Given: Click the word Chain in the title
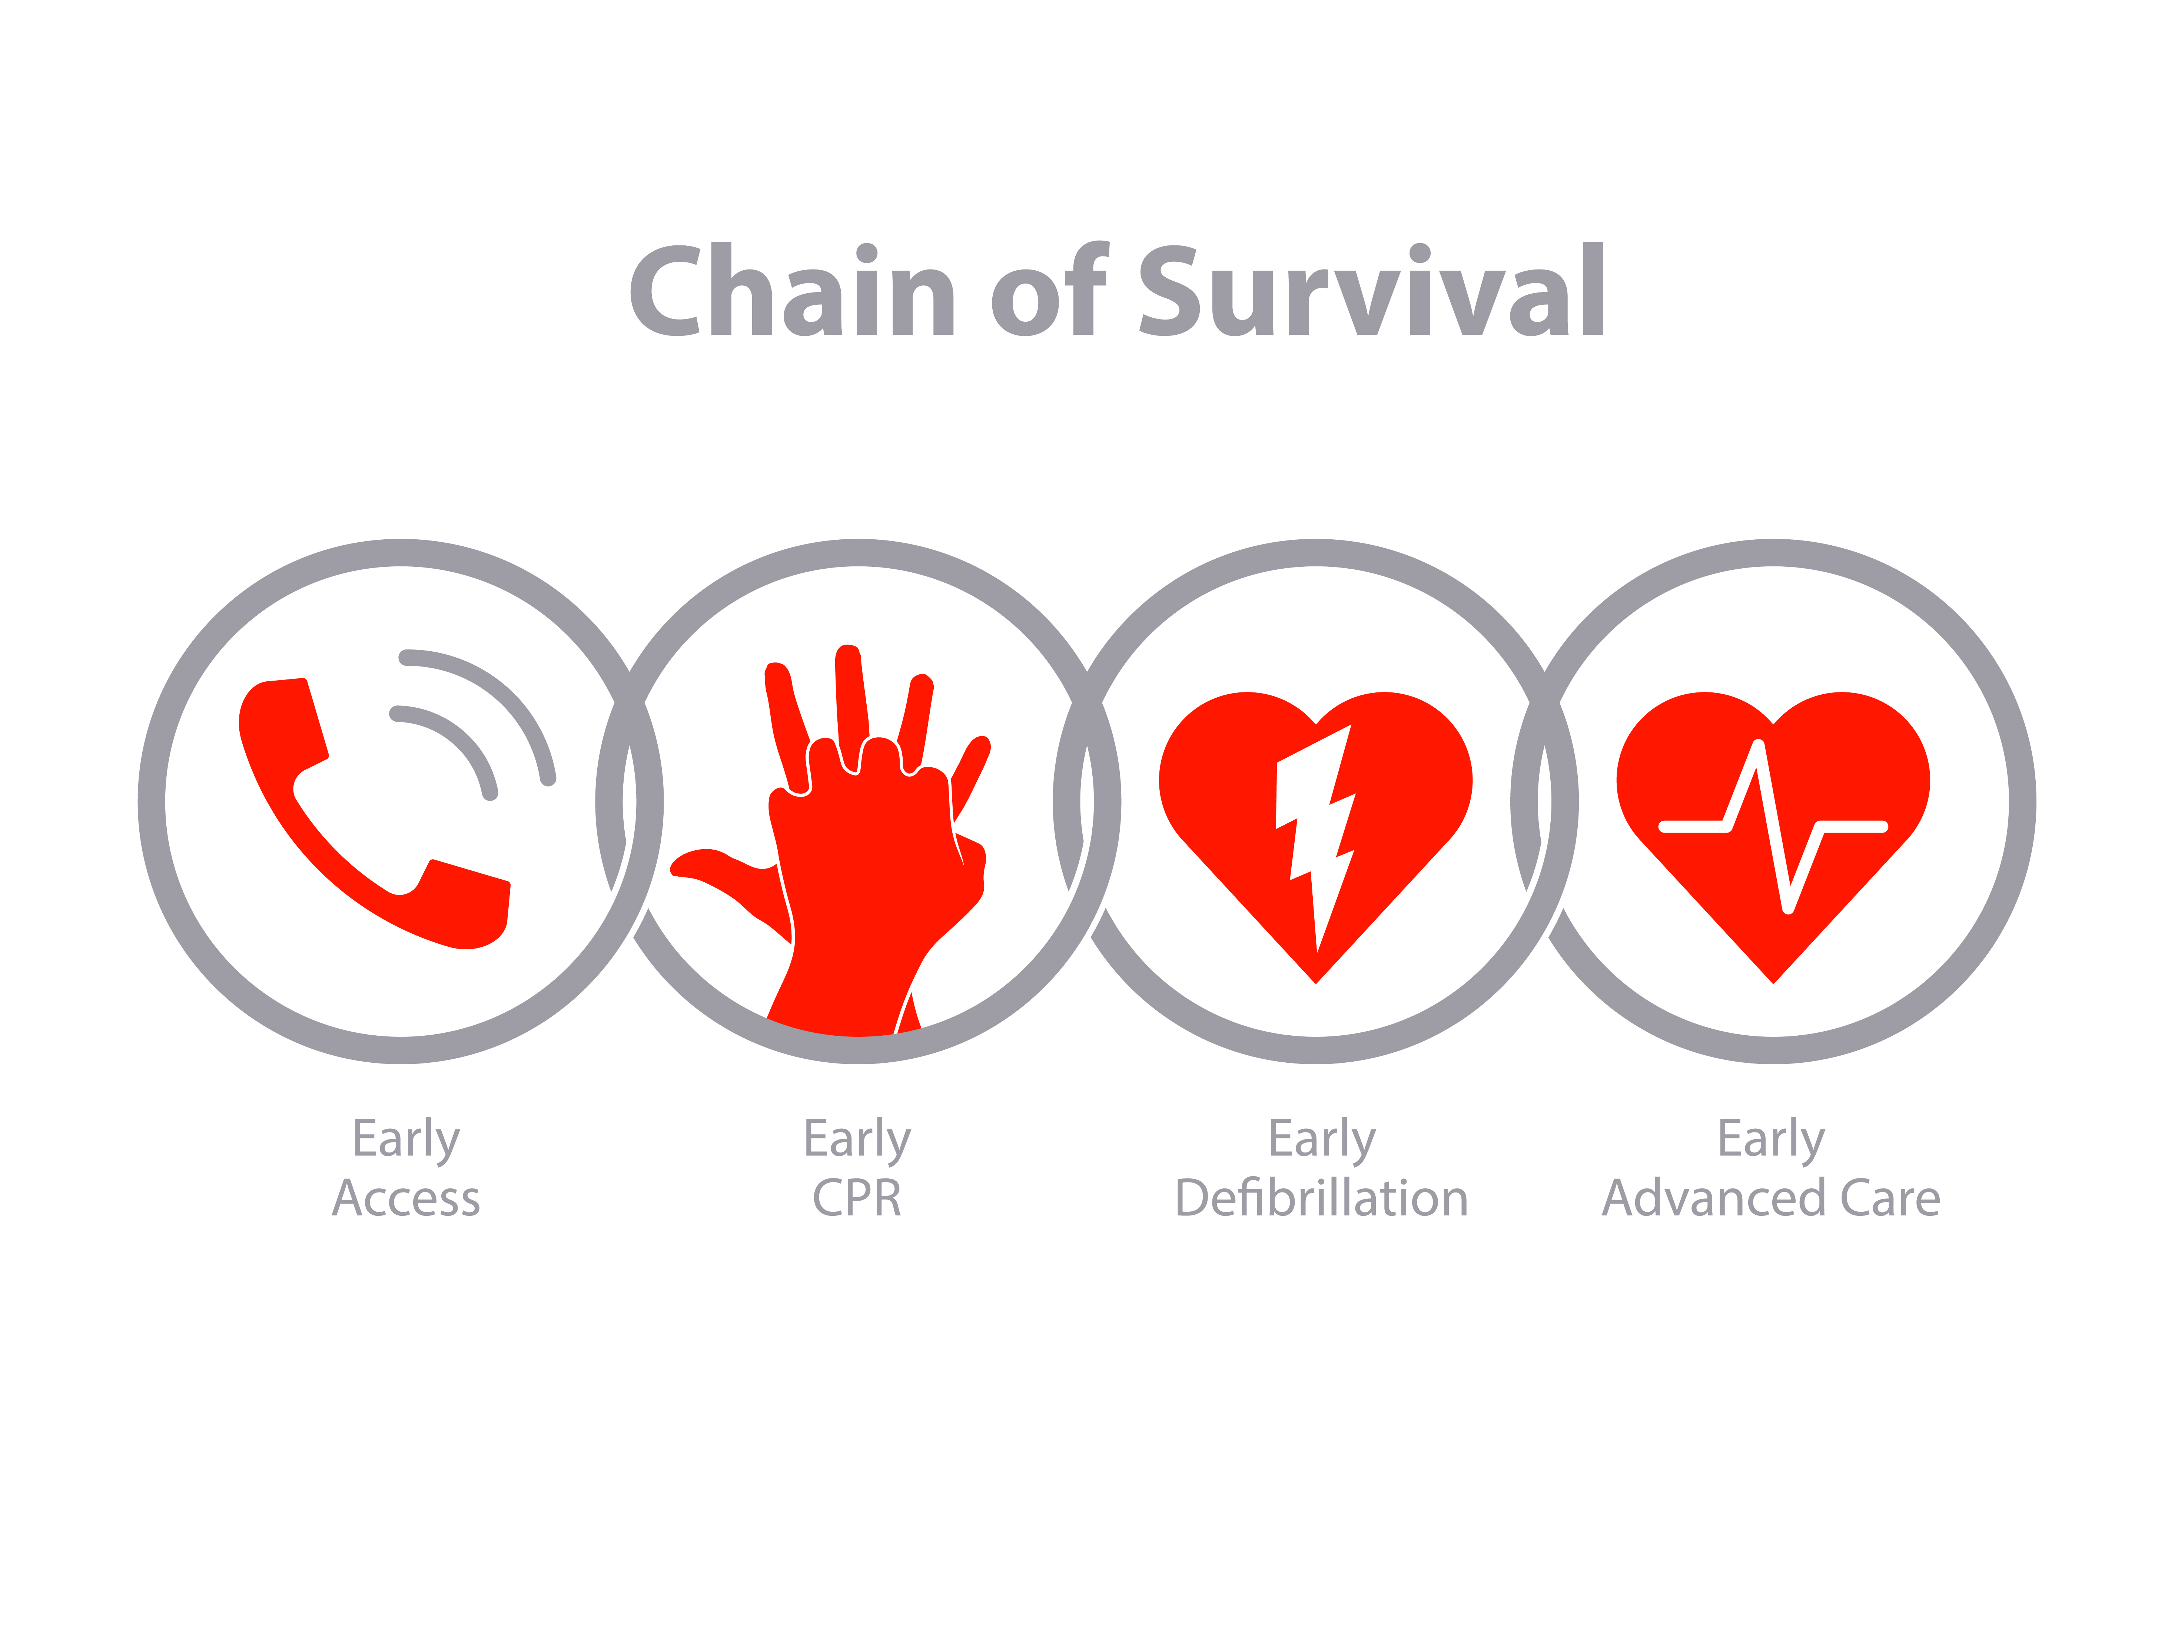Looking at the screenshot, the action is click(x=793, y=289).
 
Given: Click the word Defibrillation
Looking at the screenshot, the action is click(x=1321, y=1198).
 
